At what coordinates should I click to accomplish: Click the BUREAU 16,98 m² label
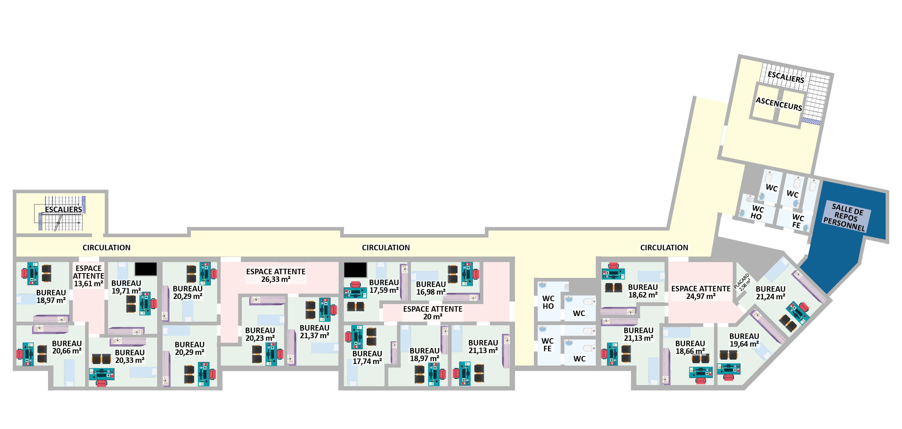click(x=431, y=288)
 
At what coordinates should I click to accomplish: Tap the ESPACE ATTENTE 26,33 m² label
click(x=276, y=275)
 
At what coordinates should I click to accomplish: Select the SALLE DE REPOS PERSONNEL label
click(x=845, y=217)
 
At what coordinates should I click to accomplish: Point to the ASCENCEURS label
click(x=779, y=104)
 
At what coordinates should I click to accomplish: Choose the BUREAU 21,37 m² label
click(x=314, y=332)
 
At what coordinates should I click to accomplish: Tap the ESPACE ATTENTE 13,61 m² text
click(x=88, y=276)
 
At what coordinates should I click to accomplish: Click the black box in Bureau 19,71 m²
click(x=146, y=269)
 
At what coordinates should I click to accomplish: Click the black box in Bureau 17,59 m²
click(x=355, y=270)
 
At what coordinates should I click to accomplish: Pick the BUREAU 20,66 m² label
click(x=67, y=347)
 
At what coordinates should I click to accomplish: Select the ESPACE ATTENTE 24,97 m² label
click(x=701, y=292)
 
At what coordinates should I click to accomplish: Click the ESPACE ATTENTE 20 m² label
click(x=433, y=313)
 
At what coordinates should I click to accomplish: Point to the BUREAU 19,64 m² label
click(x=744, y=340)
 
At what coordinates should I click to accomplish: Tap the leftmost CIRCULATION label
click(x=107, y=248)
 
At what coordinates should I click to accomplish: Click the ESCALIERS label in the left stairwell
click(x=64, y=210)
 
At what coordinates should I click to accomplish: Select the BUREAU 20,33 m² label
click(x=130, y=356)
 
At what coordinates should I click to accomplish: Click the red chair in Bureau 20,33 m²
click(x=101, y=383)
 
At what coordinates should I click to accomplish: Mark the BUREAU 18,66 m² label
click(x=690, y=347)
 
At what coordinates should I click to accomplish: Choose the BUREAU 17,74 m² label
click(x=367, y=357)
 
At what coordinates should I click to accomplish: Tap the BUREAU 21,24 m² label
click(x=770, y=293)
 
